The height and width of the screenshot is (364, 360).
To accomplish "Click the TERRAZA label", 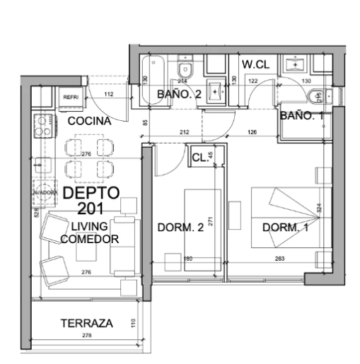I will point(86,323).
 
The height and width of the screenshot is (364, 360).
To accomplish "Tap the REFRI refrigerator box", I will point(71,97).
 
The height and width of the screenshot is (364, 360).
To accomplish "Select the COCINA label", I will point(88,121).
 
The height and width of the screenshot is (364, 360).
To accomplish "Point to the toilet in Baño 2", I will point(185,69).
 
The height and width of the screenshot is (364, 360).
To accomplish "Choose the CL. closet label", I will point(199,158).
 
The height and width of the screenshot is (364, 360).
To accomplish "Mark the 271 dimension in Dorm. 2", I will point(211,221).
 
